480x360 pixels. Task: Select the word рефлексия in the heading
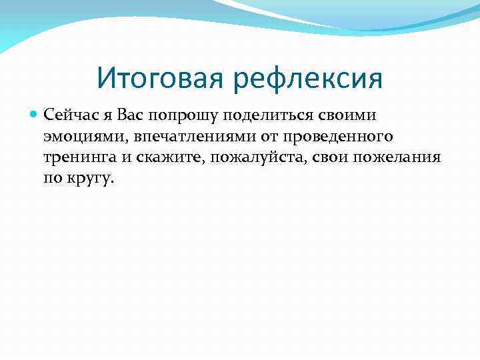[309, 79]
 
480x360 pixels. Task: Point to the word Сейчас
[67, 115]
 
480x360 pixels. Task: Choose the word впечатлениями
[174, 137]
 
